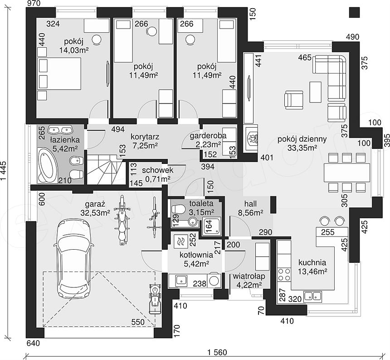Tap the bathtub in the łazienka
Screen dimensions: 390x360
[48, 164]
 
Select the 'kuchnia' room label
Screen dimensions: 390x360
[312, 262]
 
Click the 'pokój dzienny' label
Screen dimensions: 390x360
[302, 139]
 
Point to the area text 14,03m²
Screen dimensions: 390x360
[74, 50]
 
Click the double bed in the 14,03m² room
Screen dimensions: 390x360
[59, 74]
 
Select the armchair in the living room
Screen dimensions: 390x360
[294, 100]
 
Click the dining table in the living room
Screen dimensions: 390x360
[347, 172]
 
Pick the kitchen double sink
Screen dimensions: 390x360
[313, 296]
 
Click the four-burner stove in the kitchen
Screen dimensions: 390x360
[284, 274]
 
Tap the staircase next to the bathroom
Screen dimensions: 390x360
[105, 169]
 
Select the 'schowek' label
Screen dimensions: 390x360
[158, 171]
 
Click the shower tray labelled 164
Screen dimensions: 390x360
[212, 227]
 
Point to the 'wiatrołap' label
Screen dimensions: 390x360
[249, 276]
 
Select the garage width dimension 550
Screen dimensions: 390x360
[137, 322]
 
